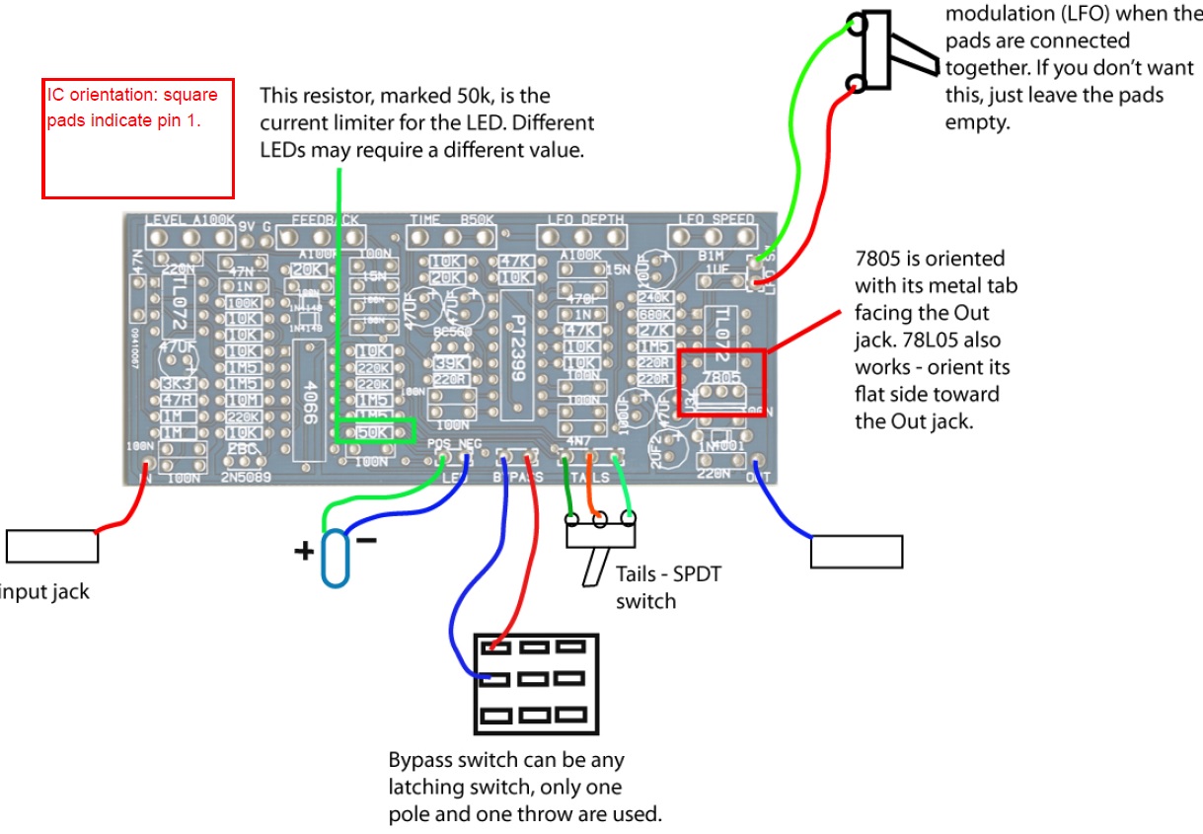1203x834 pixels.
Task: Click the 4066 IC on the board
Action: tap(308, 389)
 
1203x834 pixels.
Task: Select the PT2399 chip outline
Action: tap(519, 350)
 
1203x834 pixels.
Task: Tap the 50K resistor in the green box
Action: tap(373, 432)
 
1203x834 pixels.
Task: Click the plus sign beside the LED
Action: tap(304, 550)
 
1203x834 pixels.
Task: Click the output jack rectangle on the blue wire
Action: tap(856, 552)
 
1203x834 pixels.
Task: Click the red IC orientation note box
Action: tap(137, 138)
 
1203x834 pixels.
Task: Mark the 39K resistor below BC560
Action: tap(449, 363)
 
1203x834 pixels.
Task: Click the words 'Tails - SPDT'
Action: tap(668, 574)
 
